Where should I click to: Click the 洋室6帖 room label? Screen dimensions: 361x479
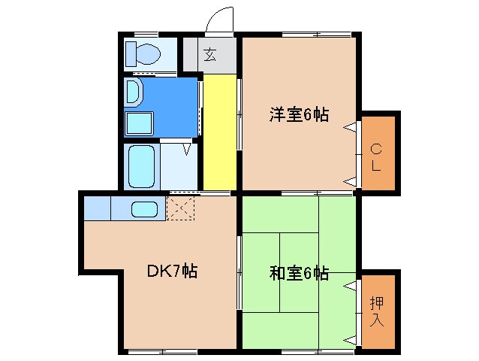[299, 115]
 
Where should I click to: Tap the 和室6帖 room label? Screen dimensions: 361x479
[299, 272]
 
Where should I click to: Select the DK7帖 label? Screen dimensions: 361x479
[171, 271]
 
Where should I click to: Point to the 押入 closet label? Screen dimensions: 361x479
[377, 311]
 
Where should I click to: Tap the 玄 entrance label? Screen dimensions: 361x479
[209, 54]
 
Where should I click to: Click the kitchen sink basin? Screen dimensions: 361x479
[143, 209]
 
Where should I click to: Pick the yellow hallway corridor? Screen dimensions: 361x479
[218, 132]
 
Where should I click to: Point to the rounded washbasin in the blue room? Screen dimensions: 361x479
[133, 93]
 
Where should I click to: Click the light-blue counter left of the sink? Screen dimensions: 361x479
[98, 208]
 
